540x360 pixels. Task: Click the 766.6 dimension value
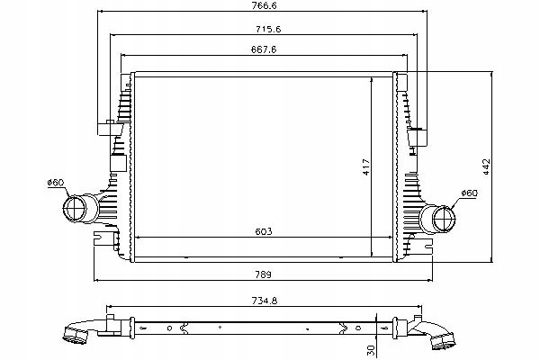(x=263, y=6)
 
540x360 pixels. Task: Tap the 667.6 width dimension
(x=263, y=50)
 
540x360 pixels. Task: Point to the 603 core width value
(x=263, y=231)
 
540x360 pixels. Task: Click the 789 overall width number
(x=263, y=274)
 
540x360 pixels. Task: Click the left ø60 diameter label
(x=57, y=184)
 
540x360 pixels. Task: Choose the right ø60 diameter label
(x=468, y=193)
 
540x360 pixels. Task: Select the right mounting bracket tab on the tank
(x=418, y=137)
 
